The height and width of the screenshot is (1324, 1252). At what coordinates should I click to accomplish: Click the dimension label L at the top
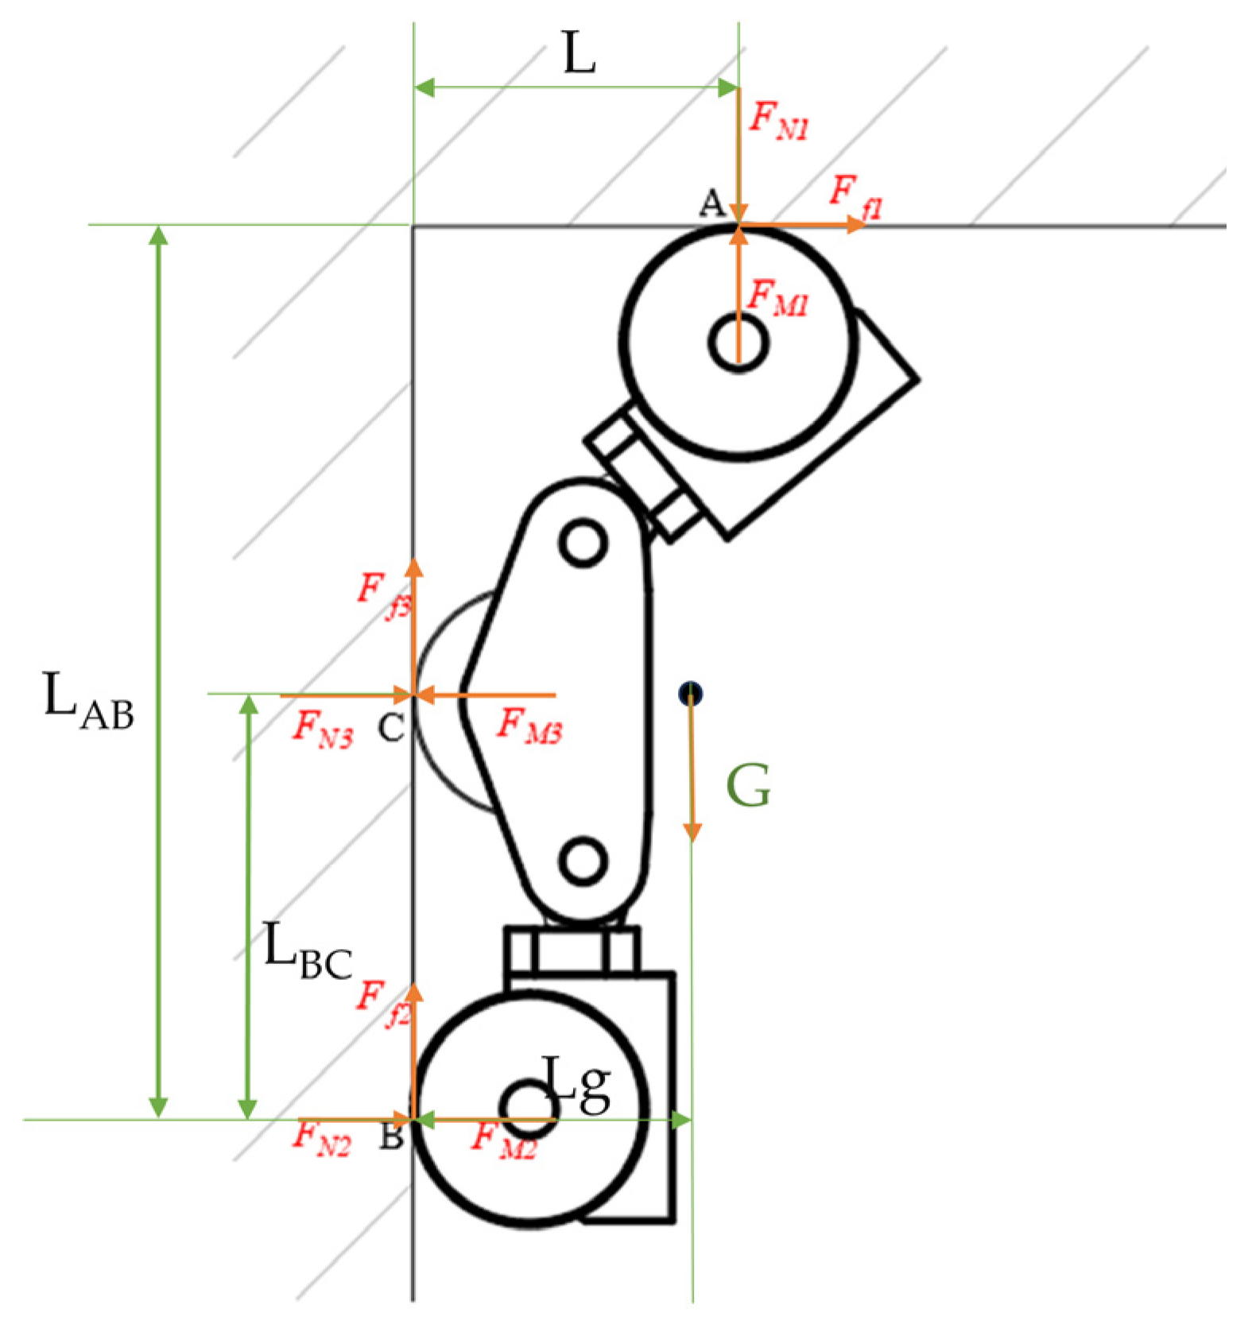(x=579, y=53)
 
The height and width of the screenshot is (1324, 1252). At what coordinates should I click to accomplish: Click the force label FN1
(x=778, y=121)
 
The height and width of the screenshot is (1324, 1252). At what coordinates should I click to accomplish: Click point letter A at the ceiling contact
(x=711, y=203)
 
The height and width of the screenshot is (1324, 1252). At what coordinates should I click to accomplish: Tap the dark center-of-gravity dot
(x=690, y=693)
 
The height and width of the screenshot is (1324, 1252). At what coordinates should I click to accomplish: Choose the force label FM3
(x=529, y=726)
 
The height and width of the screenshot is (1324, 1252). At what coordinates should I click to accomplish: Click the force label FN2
(x=321, y=1136)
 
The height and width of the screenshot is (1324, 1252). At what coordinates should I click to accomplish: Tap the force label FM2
(x=503, y=1140)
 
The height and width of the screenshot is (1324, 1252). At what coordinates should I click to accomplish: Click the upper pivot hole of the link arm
(x=583, y=543)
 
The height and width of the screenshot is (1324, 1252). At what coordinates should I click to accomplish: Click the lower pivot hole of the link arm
(x=583, y=860)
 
